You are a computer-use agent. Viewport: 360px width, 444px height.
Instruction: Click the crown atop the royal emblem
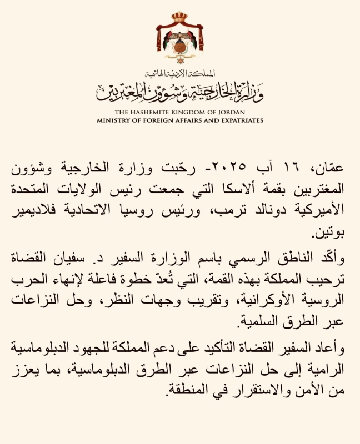(179, 16)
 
